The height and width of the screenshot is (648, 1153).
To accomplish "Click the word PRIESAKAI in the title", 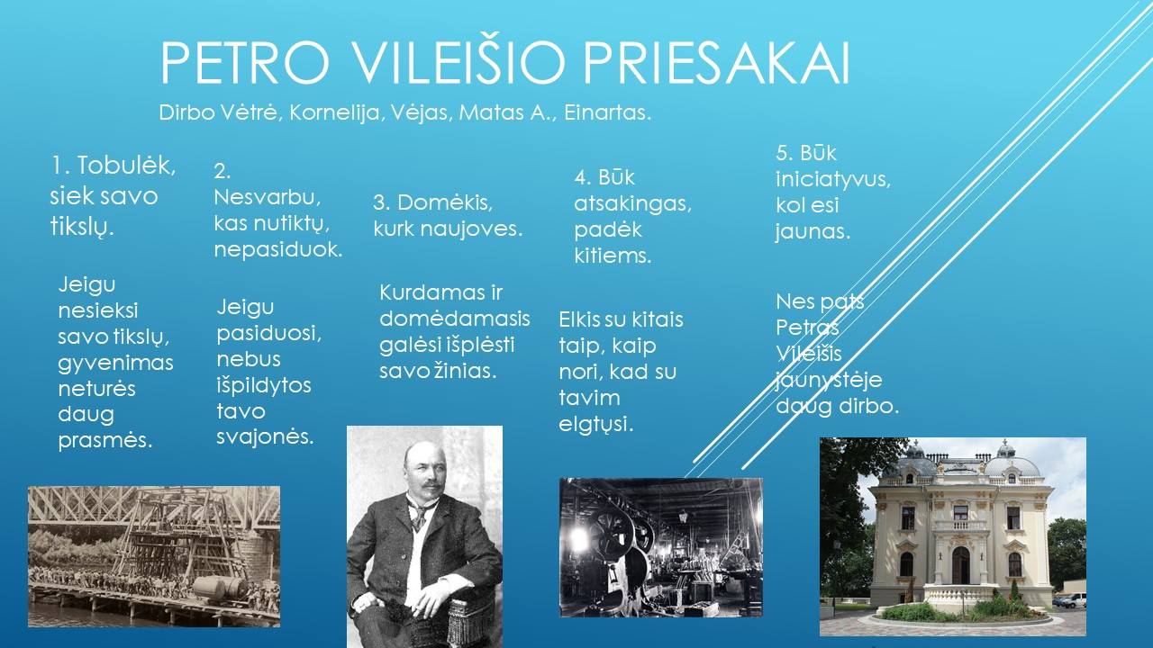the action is tap(716, 63).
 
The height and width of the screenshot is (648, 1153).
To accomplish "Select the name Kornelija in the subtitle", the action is tap(334, 112).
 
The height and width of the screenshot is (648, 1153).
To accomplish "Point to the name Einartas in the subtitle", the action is tap(607, 112).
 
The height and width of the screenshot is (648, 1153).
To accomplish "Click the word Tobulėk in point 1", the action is tap(126, 166).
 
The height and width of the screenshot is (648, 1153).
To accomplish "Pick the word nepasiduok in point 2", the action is tap(278, 250).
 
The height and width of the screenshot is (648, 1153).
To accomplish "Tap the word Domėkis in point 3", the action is tap(445, 202).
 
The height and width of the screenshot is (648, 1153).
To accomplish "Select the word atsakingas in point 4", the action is tap(632, 204).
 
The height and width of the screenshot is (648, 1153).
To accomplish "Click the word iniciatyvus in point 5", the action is tap(833, 179).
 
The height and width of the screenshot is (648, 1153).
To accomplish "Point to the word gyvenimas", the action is tap(115, 363).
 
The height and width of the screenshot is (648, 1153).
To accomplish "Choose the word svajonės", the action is tap(265, 437).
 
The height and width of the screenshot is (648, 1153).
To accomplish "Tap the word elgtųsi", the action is tap(595, 425).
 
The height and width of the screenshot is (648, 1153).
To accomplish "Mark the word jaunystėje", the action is tap(828, 381).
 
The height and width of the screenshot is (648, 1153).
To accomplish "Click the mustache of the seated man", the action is tap(426, 486).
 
